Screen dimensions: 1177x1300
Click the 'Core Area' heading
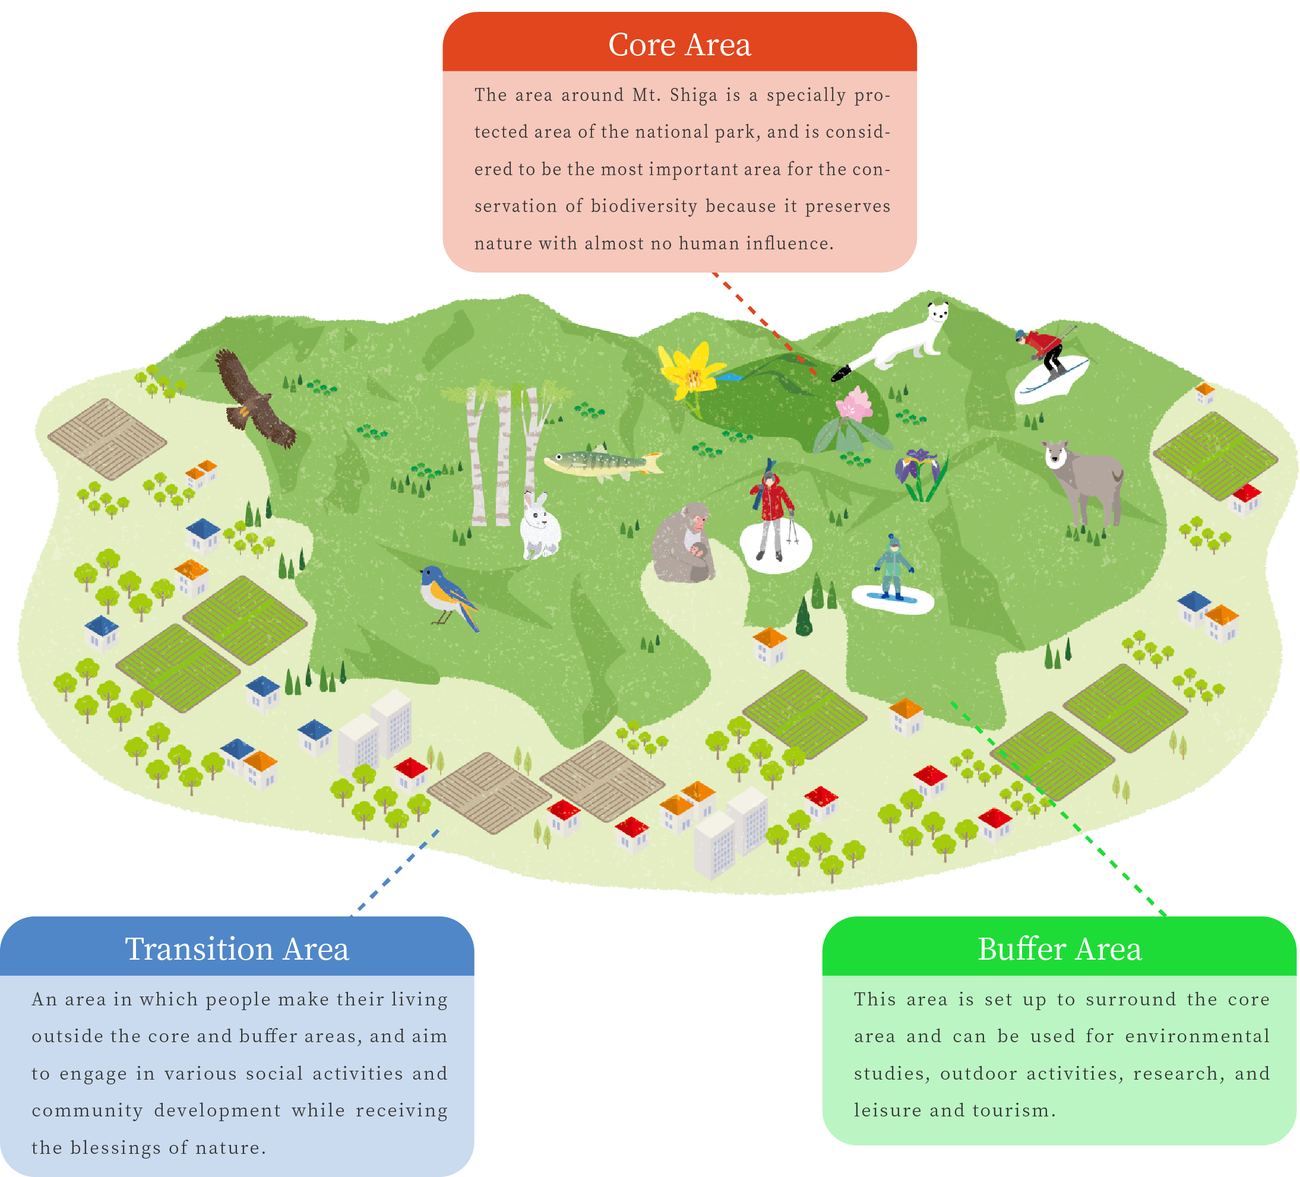coord(679,45)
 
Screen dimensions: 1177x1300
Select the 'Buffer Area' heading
coord(1059,950)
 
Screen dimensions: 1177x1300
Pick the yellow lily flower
coord(690,374)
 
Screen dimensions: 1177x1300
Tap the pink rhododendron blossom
coord(855,406)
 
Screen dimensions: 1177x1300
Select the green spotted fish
coord(603,463)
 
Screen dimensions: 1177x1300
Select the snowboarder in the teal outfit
coord(893,568)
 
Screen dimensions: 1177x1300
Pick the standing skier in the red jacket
coord(772,510)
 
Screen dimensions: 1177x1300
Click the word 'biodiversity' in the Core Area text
coord(644,207)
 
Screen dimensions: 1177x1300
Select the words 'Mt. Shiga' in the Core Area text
coord(675,96)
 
